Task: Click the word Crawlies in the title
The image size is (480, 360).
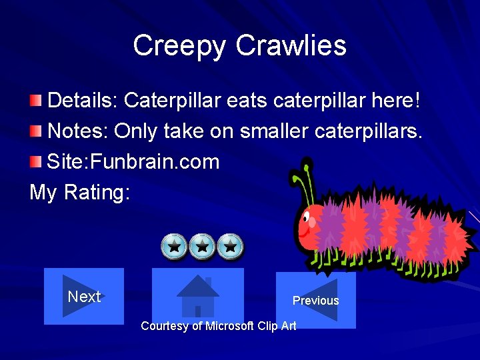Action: tap(291, 46)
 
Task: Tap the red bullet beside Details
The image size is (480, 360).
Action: tap(36, 101)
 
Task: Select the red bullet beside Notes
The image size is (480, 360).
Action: tap(36, 131)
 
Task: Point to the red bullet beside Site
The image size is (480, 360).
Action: tap(36, 161)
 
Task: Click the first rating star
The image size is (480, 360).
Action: tap(174, 247)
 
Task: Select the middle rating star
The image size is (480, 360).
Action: tap(203, 247)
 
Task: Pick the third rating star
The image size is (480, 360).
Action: tap(231, 247)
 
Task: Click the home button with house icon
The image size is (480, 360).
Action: tap(198, 296)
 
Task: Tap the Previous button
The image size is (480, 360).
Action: tap(315, 300)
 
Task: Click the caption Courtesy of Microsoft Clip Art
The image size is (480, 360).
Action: tap(219, 326)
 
